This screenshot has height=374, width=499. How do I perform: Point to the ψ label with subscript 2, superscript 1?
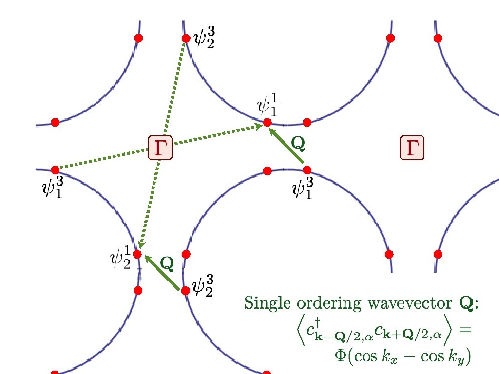pos(121,258)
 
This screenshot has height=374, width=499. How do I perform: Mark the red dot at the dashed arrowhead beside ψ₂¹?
pos(137,254)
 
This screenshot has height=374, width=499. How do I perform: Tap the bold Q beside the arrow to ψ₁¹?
pos(298,142)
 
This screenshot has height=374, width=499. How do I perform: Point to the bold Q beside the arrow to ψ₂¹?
pos(167,264)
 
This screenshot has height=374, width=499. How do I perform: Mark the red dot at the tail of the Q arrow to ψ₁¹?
pos(307,170)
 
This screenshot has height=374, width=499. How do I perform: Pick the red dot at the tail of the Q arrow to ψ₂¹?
pos(185,291)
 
